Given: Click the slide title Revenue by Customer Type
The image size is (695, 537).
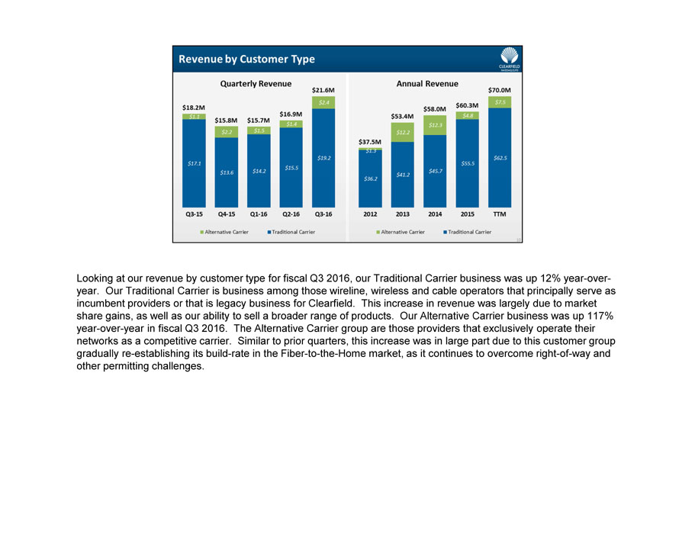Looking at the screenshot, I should (246, 59).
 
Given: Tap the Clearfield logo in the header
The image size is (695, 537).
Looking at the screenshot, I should (509, 58).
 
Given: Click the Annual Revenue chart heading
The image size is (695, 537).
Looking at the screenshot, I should (427, 83).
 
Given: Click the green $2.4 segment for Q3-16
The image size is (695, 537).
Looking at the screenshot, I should (324, 102).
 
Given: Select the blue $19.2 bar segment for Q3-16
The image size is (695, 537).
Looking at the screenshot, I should (324, 158).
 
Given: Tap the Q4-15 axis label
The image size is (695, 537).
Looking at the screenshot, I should (226, 214).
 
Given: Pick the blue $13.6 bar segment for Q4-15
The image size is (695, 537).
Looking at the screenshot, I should (227, 172).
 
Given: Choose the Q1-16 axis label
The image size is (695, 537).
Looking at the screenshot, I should (259, 214).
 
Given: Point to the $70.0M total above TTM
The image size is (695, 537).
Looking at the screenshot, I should (500, 90).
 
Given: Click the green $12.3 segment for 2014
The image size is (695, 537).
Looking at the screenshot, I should (435, 125).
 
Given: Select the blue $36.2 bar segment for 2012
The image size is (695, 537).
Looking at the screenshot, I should (370, 178).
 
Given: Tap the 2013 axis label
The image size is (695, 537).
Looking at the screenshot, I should (402, 214).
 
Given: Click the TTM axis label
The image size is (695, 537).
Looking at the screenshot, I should (500, 214).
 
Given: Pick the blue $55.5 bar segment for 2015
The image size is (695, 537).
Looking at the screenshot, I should (467, 163).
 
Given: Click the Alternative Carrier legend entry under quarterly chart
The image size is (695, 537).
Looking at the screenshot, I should (225, 232).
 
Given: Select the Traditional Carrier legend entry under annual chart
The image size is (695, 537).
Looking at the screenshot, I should (467, 232).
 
